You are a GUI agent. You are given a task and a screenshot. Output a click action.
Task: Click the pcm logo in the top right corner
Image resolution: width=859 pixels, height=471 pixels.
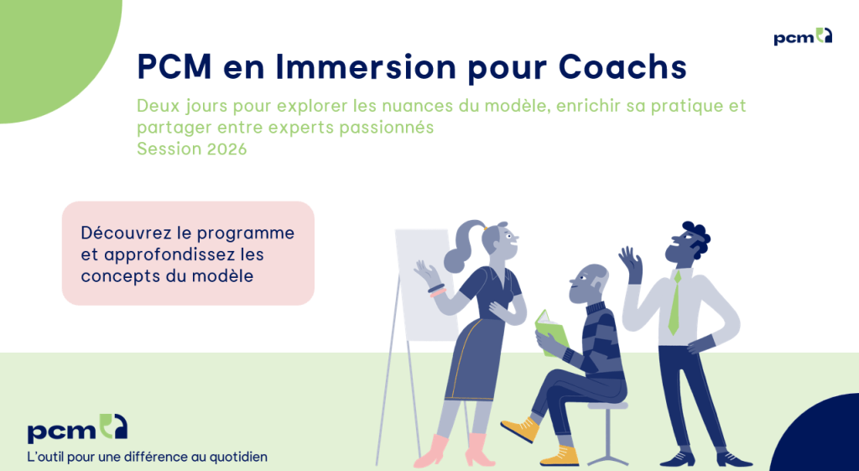[803, 37]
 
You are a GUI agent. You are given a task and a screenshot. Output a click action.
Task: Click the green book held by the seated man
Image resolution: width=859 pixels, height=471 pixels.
[551, 332]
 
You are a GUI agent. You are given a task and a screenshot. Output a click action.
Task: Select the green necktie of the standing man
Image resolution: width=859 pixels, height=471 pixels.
[674, 303]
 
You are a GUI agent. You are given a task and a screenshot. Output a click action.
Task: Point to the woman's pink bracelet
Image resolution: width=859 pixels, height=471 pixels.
[436, 290]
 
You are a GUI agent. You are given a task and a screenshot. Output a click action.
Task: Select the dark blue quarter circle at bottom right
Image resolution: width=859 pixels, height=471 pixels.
[822, 441]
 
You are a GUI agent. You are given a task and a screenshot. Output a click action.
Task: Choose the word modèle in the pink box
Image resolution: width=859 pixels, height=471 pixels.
[222, 275]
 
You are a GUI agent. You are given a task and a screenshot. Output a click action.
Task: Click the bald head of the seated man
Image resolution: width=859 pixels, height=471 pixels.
[595, 277]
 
